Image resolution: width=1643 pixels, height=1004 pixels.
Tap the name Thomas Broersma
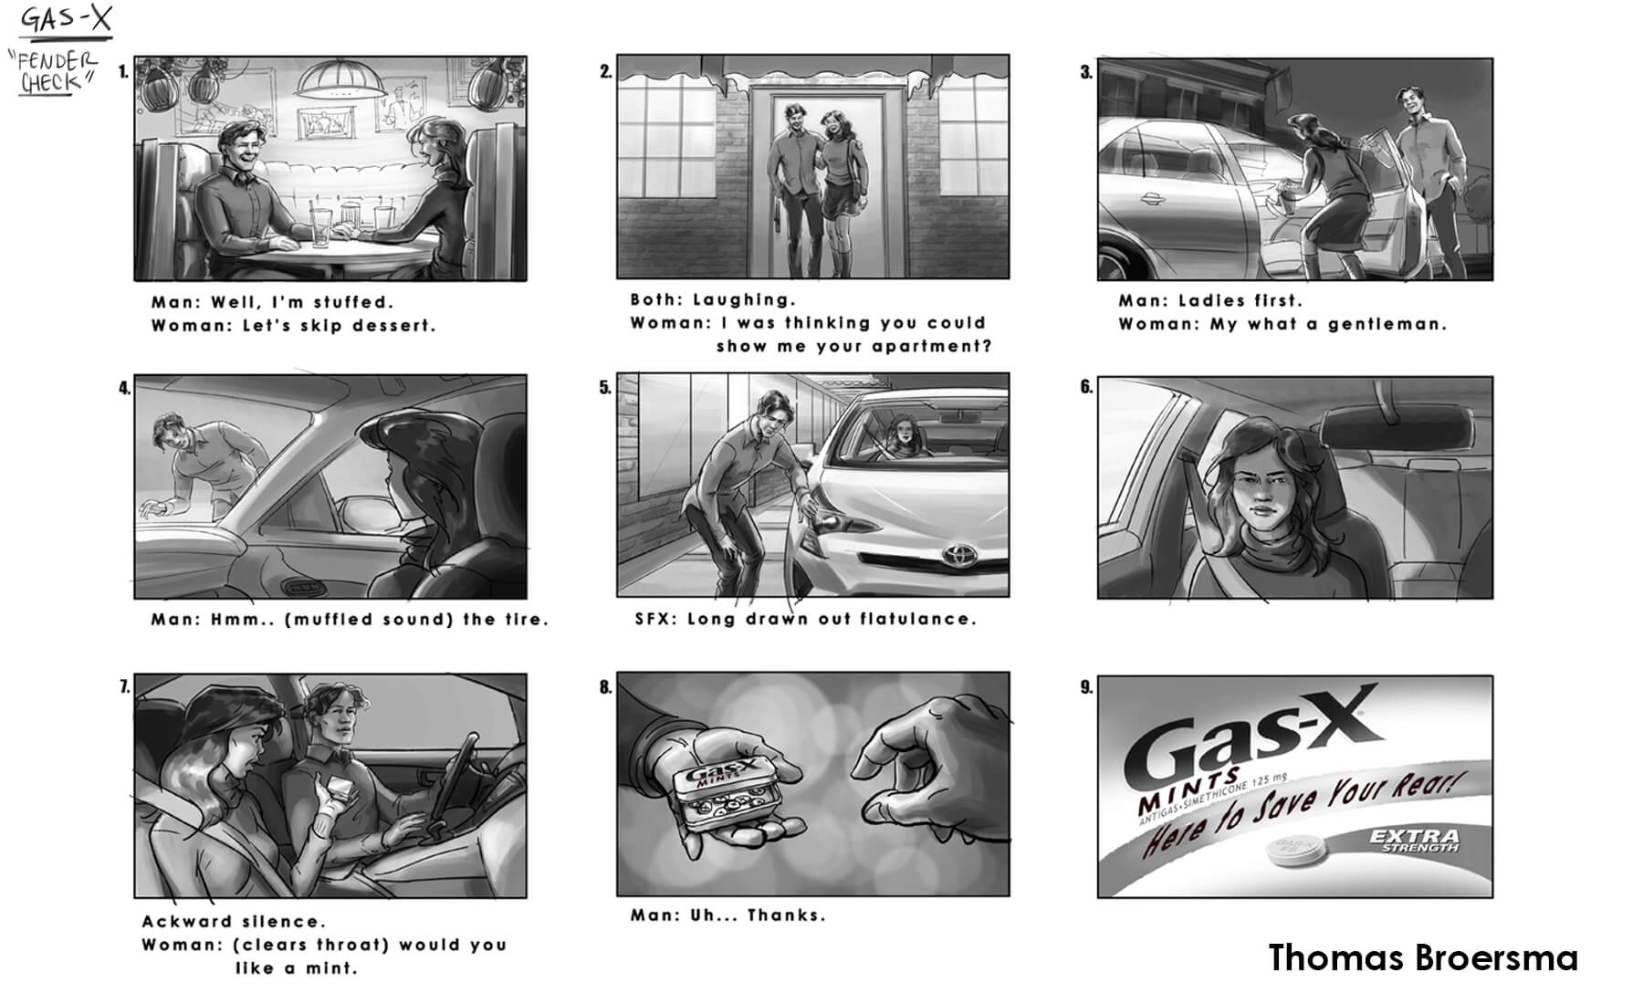[1423, 957]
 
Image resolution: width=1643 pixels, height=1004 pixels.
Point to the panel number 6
[1086, 387]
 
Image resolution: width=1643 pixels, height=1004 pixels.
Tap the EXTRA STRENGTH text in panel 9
[1415, 841]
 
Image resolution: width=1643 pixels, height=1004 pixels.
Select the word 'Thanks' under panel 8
[787, 915]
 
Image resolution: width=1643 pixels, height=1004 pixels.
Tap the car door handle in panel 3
[1150, 199]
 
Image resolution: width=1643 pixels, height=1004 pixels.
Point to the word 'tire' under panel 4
[524, 619]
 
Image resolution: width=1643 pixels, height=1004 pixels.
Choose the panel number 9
[1086, 686]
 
